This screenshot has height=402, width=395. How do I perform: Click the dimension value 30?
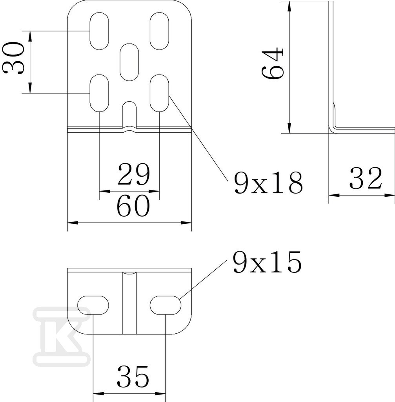[13, 58]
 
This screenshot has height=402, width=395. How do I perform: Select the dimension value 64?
[273, 63]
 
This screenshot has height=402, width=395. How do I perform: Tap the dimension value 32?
[366, 178]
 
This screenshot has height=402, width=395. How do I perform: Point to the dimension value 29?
[134, 174]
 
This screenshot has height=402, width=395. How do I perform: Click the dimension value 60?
[133, 206]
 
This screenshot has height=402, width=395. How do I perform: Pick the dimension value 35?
[133, 376]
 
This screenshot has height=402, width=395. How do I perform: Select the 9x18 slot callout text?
[268, 182]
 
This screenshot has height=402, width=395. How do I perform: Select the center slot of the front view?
[129, 62]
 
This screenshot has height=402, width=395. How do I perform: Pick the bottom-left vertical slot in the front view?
[99, 93]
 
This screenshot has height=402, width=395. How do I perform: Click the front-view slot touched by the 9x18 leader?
[159, 93]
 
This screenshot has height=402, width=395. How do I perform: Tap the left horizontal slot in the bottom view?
[93, 305]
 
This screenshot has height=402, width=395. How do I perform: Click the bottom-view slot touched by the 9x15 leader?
[166, 305]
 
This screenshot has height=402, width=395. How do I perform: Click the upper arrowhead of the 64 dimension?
[289, 6]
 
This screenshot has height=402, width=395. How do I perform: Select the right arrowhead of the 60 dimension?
[186, 223]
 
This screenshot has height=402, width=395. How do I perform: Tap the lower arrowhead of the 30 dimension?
[30, 88]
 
